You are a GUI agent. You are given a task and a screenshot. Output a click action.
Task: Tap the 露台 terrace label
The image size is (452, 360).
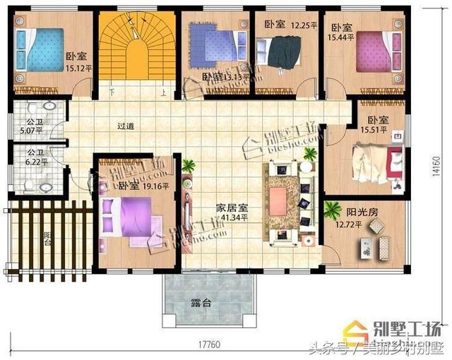coord(201,304)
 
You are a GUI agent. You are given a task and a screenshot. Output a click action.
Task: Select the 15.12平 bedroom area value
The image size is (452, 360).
coord(79,68)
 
